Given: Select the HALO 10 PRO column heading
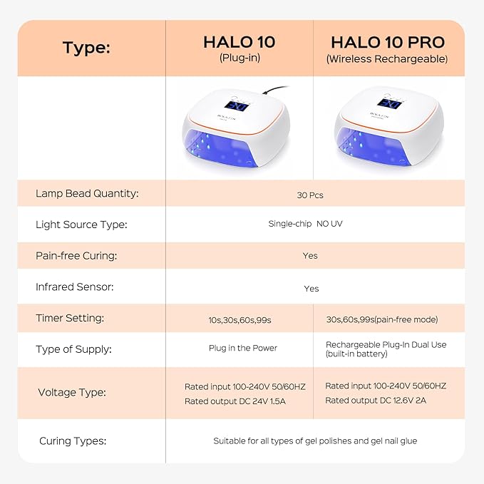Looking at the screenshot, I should coord(387,41).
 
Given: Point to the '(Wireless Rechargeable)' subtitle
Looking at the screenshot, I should coord(387,59).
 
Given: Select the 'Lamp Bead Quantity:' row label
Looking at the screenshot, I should coord(87,193).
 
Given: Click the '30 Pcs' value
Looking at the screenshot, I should coord(310,194).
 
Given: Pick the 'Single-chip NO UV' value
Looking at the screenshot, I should coord(310,225).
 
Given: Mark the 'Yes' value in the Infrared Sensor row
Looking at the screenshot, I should coord(311,289).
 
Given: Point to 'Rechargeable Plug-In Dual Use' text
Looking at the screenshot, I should coord(386,344).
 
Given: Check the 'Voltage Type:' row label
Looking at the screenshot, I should coord(72,392).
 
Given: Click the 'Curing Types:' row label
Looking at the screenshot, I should coord(73,441).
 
